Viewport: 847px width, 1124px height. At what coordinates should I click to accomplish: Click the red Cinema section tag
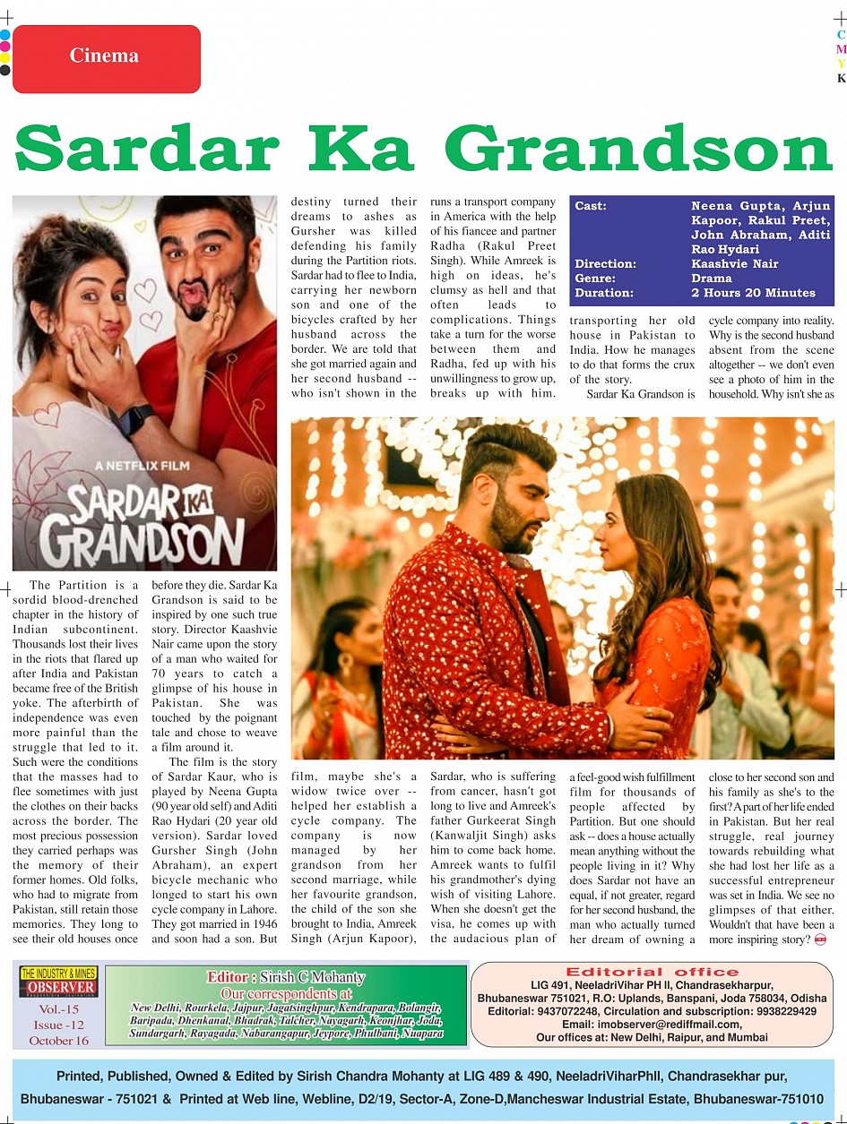[106, 57]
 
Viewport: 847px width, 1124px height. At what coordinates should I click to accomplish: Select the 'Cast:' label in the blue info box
[591, 206]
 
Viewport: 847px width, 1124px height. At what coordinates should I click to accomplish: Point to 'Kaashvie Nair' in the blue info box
[734, 264]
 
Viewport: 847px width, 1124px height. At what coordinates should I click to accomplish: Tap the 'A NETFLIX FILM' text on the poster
[144, 466]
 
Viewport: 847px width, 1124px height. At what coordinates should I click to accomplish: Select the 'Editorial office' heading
[653, 972]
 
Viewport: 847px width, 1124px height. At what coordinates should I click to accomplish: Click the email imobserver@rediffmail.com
[652, 1024]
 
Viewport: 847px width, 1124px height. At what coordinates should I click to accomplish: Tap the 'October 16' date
[59, 1041]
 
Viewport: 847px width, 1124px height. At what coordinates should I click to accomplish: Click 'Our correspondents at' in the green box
[286, 993]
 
